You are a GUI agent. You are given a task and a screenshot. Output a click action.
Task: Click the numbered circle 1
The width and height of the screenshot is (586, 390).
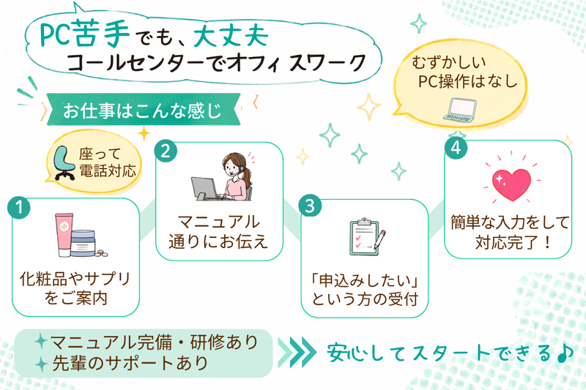19,208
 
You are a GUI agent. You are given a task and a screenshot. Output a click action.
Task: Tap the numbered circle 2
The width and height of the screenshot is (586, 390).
166,151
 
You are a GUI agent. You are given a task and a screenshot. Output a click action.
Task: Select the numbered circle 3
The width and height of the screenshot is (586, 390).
310,206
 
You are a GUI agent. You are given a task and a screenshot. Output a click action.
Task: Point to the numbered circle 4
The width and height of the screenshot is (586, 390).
456,148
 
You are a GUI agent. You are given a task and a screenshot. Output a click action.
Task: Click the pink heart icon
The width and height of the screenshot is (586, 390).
511,184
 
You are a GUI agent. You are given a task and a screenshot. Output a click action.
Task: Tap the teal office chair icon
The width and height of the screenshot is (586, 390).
64,163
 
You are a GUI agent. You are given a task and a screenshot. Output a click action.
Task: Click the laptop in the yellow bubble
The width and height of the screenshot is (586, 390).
459,110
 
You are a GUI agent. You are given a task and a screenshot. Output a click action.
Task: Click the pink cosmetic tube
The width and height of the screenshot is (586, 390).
64,235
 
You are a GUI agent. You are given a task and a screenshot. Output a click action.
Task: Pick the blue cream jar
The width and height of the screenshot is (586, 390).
83,243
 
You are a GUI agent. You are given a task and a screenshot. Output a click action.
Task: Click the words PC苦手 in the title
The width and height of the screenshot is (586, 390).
84,34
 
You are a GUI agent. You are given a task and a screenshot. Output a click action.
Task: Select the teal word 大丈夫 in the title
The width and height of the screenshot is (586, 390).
231,36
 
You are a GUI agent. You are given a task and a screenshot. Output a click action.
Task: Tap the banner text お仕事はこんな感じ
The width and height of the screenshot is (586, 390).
142,110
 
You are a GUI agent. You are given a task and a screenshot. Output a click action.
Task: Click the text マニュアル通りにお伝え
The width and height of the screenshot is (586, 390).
218,232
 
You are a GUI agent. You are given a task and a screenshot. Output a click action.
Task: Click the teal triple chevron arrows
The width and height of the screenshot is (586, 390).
297,352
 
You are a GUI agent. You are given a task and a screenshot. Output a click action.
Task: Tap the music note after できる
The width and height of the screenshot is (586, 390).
565,353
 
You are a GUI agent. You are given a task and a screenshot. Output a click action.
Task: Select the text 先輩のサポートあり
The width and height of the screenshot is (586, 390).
130,363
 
